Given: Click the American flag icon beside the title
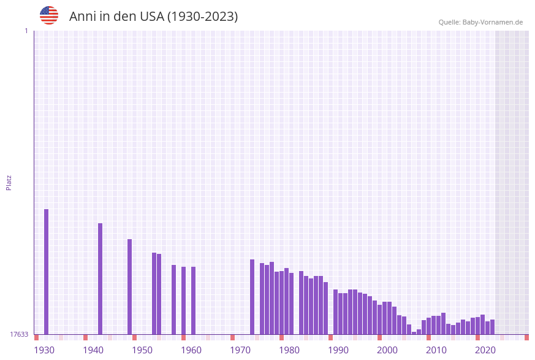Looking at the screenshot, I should (x=49, y=15).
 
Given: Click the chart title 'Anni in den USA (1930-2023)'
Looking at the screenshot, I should (x=153, y=17).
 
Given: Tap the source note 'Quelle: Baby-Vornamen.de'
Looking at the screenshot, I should (x=480, y=22).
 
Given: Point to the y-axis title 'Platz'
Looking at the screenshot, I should (x=9, y=182).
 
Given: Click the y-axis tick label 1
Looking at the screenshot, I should (x=26, y=31).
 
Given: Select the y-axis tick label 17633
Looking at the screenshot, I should (x=19, y=334).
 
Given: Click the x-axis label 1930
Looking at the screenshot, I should (x=44, y=350).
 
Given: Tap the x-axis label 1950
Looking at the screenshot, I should (x=142, y=350).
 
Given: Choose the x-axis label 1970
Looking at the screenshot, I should (x=240, y=350).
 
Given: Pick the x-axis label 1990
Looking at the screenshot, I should (x=338, y=350).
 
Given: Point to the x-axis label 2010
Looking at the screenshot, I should (x=436, y=350).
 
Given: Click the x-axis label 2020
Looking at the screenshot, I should (x=485, y=350).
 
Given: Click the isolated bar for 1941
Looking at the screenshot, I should (x=101, y=278).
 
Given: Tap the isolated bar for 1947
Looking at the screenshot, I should (x=130, y=286).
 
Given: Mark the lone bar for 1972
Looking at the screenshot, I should (x=252, y=297).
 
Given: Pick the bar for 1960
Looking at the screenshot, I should (x=193, y=301).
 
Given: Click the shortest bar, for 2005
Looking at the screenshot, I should (x=414, y=333).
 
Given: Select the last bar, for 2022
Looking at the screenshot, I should (x=492, y=327).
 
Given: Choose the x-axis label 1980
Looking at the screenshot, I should (x=289, y=350).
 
